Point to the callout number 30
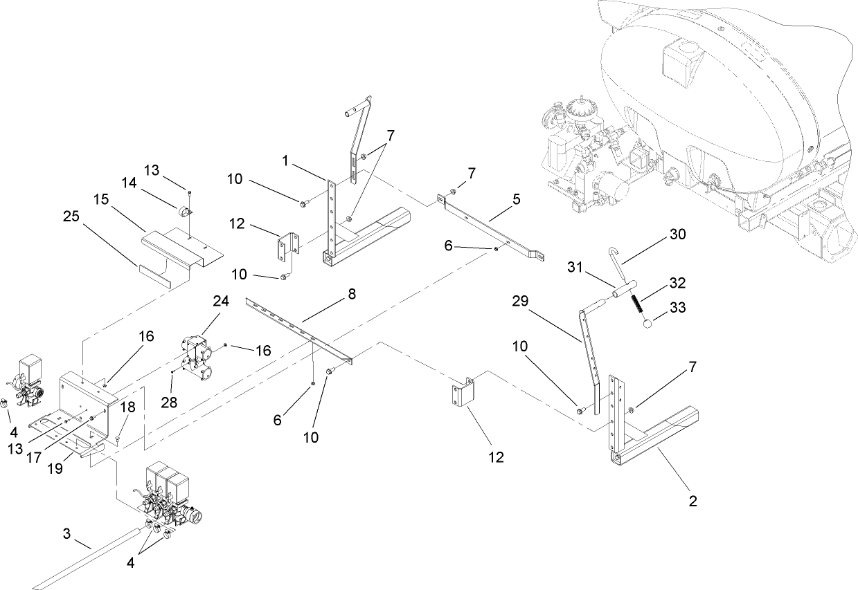[677, 235]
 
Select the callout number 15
[102, 199]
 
